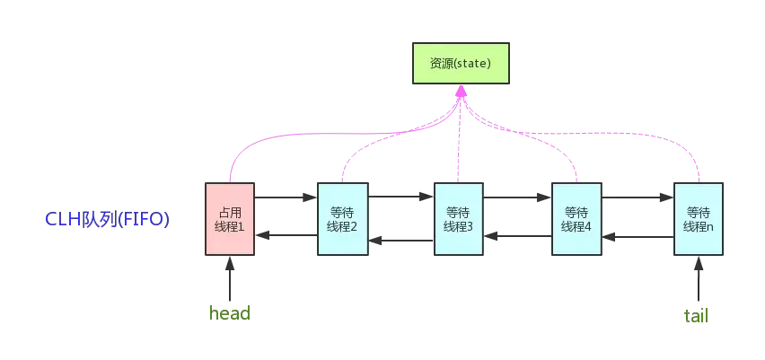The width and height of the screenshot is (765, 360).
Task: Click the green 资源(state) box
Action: tap(460, 63)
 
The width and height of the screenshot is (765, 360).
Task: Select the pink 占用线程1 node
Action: tap(231, 219)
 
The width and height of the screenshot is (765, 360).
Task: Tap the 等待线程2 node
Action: tap(343, 219)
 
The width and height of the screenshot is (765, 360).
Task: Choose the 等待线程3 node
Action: tap(458, 219)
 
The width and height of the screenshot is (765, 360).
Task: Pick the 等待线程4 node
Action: tap(575, 219)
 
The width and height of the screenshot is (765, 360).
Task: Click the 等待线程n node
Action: tap(699, 219)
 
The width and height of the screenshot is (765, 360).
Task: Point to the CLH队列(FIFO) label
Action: tap(108, 219)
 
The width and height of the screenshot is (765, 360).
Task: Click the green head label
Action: tap(229, 314)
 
